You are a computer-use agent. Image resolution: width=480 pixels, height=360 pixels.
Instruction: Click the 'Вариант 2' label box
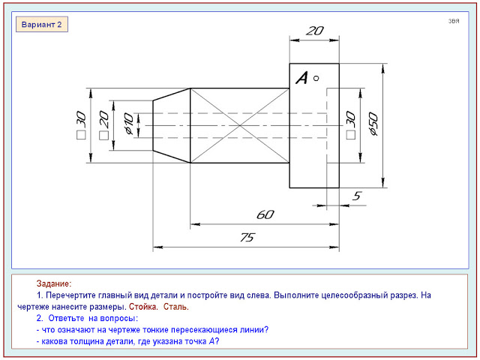coord(42,25)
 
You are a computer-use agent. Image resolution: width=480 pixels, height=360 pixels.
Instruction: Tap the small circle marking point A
coord(316,78)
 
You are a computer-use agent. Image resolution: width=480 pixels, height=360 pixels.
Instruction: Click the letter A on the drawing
coord(301,78)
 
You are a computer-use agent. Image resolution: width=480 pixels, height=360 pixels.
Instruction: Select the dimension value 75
coord(247,237)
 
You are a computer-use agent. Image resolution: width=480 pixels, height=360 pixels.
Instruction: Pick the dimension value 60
coord(265,214)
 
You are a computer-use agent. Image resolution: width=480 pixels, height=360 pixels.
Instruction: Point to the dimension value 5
coord(357,196)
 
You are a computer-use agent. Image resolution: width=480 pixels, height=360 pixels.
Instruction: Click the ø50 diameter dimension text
coord(373,124)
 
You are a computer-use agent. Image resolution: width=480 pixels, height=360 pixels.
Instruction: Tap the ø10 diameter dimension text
coord(129,124)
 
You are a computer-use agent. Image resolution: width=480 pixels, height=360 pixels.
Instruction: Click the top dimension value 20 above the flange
coord(315,31)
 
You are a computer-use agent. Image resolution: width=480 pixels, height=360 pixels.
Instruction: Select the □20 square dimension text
coord(104,125)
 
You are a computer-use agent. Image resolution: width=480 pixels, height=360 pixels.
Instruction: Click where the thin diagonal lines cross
coord(240,125)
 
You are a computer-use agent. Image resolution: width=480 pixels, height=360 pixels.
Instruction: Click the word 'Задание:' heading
coord(54,283)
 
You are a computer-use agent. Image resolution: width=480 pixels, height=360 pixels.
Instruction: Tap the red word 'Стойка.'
coord(143,307)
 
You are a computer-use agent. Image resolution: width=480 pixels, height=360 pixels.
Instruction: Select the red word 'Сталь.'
coord(176,307)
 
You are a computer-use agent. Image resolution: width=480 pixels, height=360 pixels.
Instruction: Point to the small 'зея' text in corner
coord(454,21)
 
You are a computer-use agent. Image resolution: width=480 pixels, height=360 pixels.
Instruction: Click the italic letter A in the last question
coord(211,341)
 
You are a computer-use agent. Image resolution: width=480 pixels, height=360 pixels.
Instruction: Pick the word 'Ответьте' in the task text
coord(66,318)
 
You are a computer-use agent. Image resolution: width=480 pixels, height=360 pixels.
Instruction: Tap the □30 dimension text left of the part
coord(82,125)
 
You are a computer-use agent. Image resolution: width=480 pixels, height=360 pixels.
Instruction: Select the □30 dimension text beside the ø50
coord(351,125)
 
